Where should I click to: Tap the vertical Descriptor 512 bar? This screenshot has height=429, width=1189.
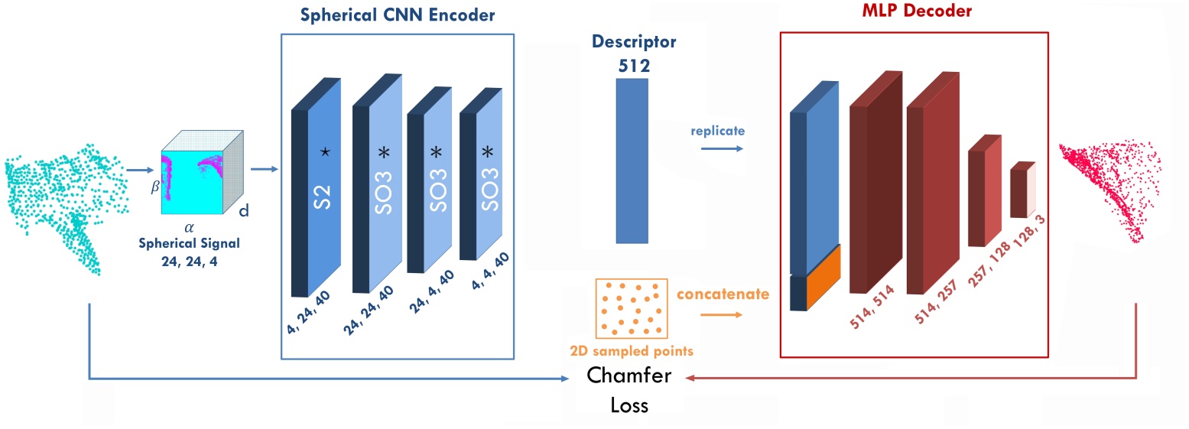tap(632, 161)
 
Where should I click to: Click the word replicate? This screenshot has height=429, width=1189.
tap(716, 130)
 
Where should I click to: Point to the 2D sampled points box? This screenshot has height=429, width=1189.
tap(631, 309)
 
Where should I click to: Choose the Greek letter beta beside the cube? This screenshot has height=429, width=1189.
tap(152, 185)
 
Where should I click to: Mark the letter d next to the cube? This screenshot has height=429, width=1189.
tap(244, 210)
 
